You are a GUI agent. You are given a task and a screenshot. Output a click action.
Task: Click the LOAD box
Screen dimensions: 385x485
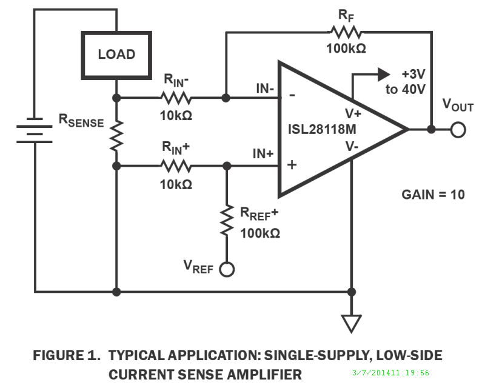[x=116, y=55]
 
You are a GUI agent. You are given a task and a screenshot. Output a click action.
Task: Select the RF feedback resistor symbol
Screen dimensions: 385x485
[x=345, y=32]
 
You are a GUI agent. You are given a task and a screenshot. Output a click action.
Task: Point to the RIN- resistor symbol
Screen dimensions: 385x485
[x=176, y=97]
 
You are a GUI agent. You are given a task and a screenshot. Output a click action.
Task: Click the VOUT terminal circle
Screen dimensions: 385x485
[x=458, y=129]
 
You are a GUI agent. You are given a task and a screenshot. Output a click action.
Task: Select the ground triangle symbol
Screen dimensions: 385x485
[x=351, y=323]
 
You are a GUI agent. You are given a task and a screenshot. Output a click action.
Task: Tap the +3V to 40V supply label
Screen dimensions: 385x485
[x=413, y=81]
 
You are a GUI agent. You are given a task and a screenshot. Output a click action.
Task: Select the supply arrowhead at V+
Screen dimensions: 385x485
[x=383, y=74]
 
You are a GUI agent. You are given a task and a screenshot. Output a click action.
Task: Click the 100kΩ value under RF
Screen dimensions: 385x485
[x=346, y=49]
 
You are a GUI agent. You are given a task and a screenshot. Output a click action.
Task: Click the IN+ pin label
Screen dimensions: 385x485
[x=263, y=154]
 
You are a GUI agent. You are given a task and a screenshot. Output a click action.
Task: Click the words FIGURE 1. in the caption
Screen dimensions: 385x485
[x=67, y=355]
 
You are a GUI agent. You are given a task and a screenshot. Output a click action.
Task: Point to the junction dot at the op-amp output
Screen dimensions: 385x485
[x=431, y=129]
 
